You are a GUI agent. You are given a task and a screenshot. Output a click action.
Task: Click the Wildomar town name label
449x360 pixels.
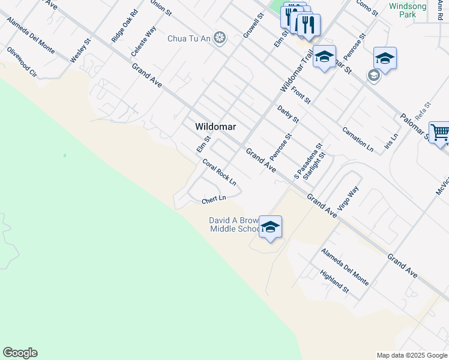tap(215, 127)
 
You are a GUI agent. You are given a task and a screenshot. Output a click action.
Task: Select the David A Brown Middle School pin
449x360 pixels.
tap(271, 227)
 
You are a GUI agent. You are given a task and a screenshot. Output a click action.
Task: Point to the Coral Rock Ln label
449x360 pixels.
tap(219, 172)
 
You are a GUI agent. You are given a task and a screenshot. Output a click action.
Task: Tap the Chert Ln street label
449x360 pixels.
tap(214, 199)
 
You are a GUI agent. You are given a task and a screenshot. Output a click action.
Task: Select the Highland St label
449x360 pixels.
tap(335, 281)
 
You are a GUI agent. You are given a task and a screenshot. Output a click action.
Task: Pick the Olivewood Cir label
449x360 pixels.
tap(22, 64)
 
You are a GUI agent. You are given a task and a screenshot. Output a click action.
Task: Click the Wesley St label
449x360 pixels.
tap(80, 50)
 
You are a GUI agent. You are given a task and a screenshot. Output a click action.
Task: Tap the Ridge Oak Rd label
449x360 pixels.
tap(124, 26)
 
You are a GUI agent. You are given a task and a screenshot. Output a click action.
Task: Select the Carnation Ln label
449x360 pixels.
tap(358, 139)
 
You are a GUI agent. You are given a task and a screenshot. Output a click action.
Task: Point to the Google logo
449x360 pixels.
tap(20, 353)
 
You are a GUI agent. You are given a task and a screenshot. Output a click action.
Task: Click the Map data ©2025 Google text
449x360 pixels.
tap(412, 355)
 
